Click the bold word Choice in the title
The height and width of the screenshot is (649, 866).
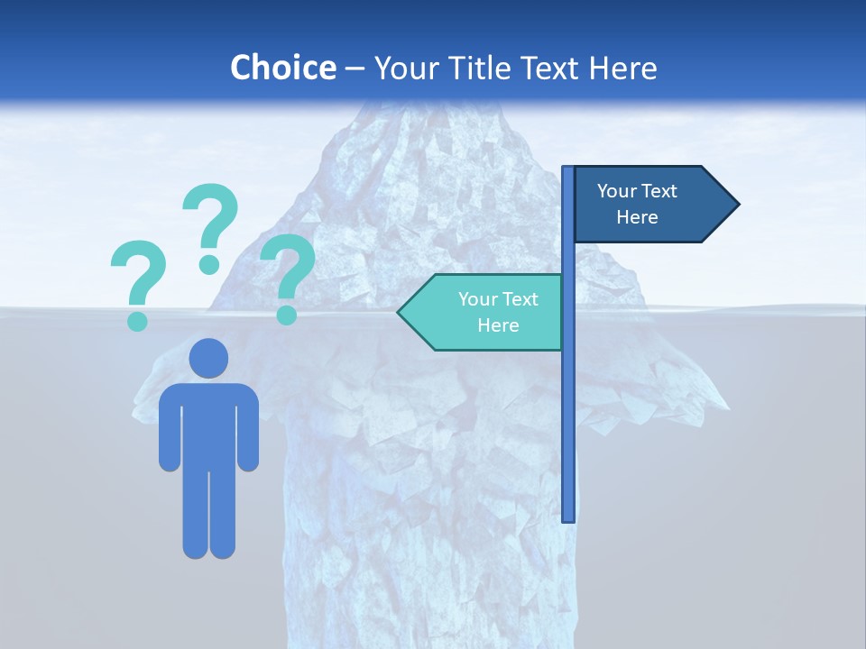coord(282,68)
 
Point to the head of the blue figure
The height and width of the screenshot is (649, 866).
coord(209,358)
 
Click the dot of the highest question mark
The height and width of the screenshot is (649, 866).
coord(209,264)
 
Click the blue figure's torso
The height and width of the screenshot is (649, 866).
coord(209,424)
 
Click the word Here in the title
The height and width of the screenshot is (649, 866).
coord(622,68)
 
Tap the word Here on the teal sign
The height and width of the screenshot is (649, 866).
coord(498,325)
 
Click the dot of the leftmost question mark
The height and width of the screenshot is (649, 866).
coord(137,320)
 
